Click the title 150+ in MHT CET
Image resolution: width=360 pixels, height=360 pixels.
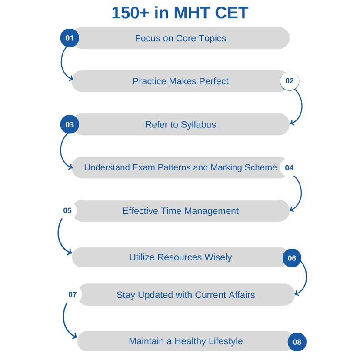(180, 13)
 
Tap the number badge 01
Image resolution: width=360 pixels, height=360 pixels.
(70, 38)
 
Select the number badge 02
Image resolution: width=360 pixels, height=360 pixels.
(290, 81)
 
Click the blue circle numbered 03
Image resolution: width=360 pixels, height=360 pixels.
(70, 124)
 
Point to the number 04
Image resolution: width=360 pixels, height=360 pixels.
(289, 168)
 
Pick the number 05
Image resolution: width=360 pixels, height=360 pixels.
(67, 210)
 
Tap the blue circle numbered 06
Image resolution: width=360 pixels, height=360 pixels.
(292, 258)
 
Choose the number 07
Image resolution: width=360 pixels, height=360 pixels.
(73, 295)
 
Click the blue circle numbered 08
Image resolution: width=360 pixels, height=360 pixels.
(297, 342)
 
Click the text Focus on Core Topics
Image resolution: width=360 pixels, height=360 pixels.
(180, 38)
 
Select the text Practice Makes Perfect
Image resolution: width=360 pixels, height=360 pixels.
(180, 81)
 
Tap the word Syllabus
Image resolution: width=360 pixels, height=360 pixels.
(198, 125)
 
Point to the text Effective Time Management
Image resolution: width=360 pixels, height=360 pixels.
(180, 211)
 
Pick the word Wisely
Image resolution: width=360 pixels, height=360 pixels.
(218, 257)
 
